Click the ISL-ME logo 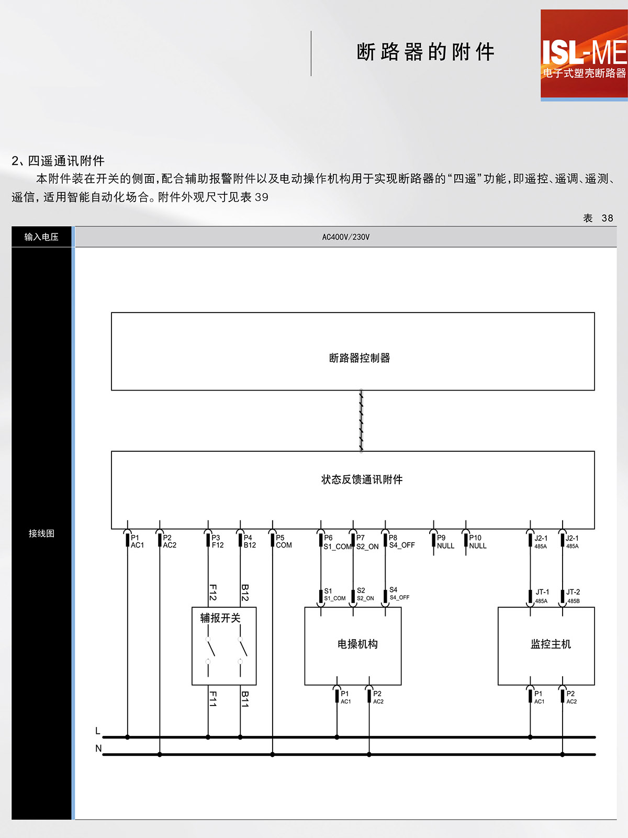(584, 54)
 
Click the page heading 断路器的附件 (425, 52)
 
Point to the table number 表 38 (598, 218)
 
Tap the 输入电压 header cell (41, 237)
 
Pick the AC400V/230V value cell (345, 237)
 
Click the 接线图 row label (41, 533)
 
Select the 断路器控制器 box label (360, 358)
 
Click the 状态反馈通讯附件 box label (362, 479)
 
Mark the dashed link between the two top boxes (361, 420)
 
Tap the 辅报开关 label (220, 618)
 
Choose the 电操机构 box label (357, 644)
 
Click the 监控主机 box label (551, 644)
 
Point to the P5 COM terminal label (283, 541)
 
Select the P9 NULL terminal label (445, 542)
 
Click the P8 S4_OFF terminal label (401, 541)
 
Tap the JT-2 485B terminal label (573, 596)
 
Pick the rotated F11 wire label (213, 699)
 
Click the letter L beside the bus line (98, 731)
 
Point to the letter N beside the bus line (98, 748)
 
